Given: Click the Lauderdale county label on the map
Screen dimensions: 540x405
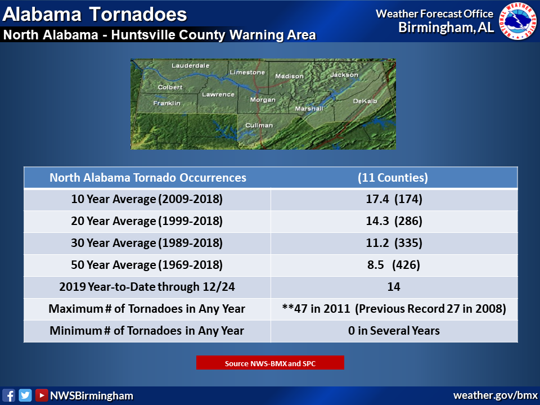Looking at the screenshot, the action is (x=191, y=65).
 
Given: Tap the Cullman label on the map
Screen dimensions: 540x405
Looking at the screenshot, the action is (x=259, y=125).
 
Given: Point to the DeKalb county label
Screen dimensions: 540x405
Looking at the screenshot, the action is (x=365, y=101).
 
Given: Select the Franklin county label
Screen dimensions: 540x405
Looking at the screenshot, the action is (x=166, y=103).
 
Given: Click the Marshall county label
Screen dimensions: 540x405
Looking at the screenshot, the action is (x=309, y=109).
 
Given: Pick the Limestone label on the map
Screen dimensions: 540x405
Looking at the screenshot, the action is (x=247, y=73).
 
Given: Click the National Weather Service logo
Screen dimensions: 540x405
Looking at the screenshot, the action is (x=517, y=21).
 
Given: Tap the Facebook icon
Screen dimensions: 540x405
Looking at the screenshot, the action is (x=8, y=395).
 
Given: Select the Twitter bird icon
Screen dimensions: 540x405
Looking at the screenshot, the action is (x=25, y=395).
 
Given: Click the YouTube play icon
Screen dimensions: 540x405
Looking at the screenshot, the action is (x=41, y=395).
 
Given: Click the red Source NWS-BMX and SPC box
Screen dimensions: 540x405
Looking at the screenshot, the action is (x=270, y=363).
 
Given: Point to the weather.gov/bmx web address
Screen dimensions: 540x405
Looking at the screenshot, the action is (x=495, y=395).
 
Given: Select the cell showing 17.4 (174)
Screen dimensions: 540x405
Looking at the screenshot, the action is (x=394, y=199).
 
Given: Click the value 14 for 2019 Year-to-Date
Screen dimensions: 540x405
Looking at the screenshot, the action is (x=394, y=287).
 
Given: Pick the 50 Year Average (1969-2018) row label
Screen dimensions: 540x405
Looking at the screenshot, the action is (x=147, y=265).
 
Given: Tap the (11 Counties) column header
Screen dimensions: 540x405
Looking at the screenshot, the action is (x=393, y=178).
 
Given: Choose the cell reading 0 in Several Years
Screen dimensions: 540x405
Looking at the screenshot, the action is (x=394, y=331).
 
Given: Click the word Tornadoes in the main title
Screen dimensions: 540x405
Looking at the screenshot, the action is (x=138, y=15).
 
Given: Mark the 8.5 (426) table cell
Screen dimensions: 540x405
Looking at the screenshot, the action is (x=394, y=265).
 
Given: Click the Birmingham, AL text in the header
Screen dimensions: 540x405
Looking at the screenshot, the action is (x=446, y=28).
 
